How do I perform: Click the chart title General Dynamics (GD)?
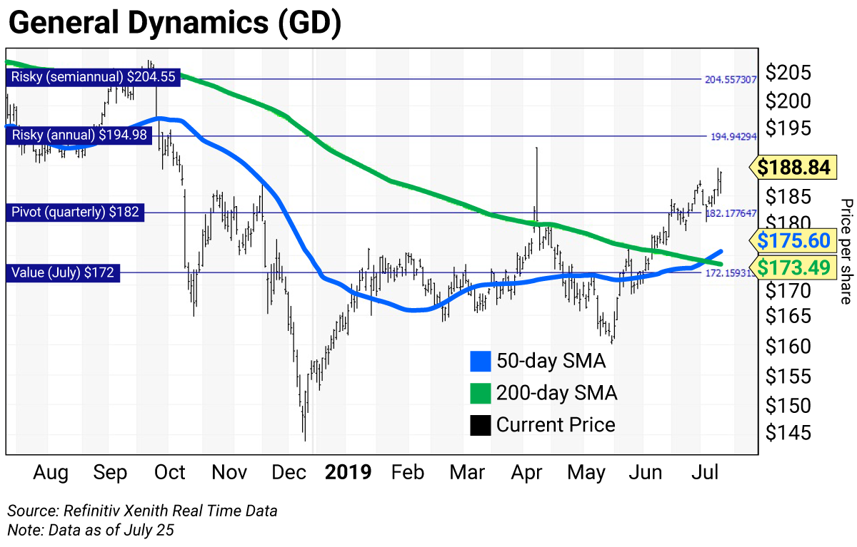click(x=174, y=24)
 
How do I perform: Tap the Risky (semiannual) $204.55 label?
click(x=91, y=77)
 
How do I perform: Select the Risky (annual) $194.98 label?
click(x=81, y=135)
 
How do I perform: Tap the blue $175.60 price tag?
click(x=793, y=239)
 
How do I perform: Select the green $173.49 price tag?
click(x=793, y=267)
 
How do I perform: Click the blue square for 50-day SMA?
click(x=481, y=361)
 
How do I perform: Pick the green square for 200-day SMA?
click(x=481, y=393)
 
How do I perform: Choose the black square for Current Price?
click(x=481, y=425)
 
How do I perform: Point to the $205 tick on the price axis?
click(x=787, y=73)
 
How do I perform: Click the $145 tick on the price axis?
click(x=787, y=433)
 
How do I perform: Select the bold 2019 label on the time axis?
click(x=348, y=473)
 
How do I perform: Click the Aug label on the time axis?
click(x=51, y=473)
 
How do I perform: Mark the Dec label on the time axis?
click(x=289, y=473)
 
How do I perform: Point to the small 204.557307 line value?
click(x=731, y=80)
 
